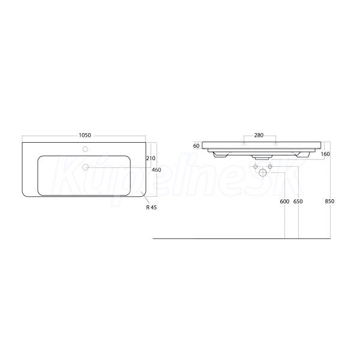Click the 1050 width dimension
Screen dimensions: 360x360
(85, 136)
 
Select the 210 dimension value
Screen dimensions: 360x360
(151, 158)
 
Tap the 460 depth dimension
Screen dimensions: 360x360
(157, 170)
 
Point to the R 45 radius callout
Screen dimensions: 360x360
(152, 208)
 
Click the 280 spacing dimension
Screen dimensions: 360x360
(259, 136)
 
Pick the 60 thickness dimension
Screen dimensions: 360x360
(196, 146)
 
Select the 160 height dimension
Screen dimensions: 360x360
(325, 154)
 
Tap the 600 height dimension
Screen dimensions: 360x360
(284, 202)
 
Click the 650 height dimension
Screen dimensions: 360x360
(298, 202)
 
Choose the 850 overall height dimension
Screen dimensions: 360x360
(329, 202)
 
